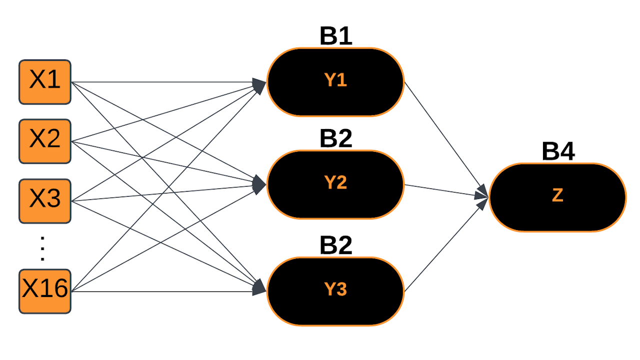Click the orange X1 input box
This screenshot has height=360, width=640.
[x=45, y=82]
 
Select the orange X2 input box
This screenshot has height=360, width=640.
[x=45, y=141]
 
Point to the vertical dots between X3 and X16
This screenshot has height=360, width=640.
[x=42, y=248]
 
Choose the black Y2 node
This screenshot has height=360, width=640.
[x=335, y=184]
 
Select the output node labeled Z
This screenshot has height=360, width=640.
[x=557, y=197]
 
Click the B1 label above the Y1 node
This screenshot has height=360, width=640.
[x=336, y=36]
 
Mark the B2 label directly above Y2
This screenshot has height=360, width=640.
[x=336, y=138]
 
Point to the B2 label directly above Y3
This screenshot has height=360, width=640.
[x=336, y=245]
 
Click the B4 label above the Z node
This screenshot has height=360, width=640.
[x=558, y=151]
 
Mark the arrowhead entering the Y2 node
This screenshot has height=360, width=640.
[x=259, y=184]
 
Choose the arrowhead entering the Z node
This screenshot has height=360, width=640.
[x=482, y=195]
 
